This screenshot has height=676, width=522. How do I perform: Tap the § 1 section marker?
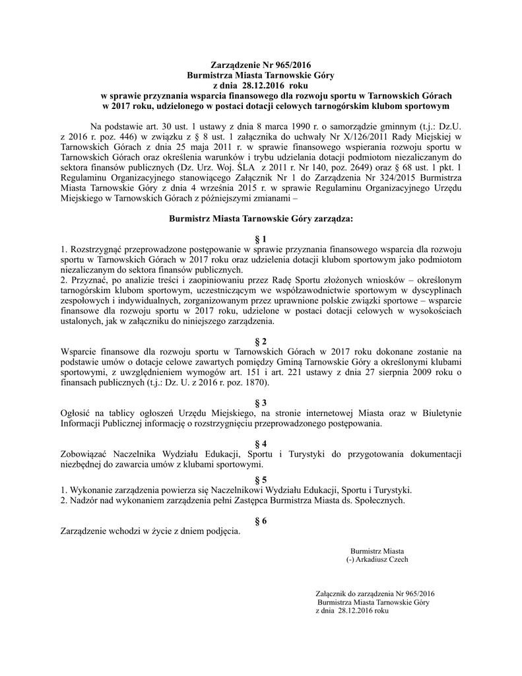[x=261, y=238]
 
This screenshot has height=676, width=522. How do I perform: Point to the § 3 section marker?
[x=261, y=403]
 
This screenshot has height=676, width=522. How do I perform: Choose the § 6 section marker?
[x=261, y=521]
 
